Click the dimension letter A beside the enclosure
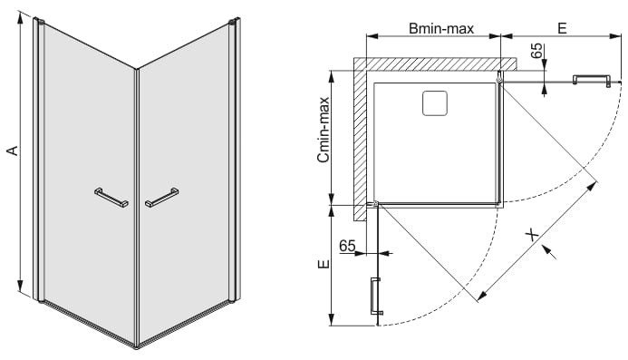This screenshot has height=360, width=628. (x=14, y=150)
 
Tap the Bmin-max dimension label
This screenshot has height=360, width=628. (x=441, y=28)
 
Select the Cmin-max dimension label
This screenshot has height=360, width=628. (x=324, y=130)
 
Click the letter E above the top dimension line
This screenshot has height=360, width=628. (x=562, y=28)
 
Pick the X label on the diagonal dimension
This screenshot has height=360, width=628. (x=532, y=235)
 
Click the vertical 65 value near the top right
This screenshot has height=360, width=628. (x=537, y=51)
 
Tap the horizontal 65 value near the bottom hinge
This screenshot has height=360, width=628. (x=347, y=246)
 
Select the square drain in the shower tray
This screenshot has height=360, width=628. (x=435, y=103)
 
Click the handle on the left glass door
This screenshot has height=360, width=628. (x=111, y=198)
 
